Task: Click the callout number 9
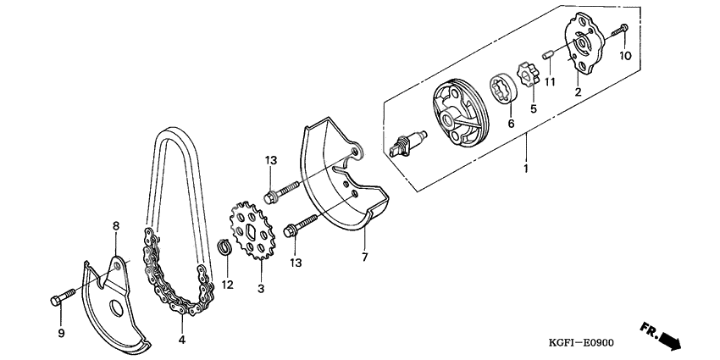(x=61, y=334)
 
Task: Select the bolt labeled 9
(x=61, y=298)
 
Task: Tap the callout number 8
(x=116, y=225)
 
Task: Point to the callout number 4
(x=181, y=341)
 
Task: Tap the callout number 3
(x=261, y=290)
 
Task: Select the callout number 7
(x=365, y=257)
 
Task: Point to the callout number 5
(x=533, y=108)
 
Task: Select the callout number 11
(x=550, y=81)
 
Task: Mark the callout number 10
(x=625, y=57)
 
